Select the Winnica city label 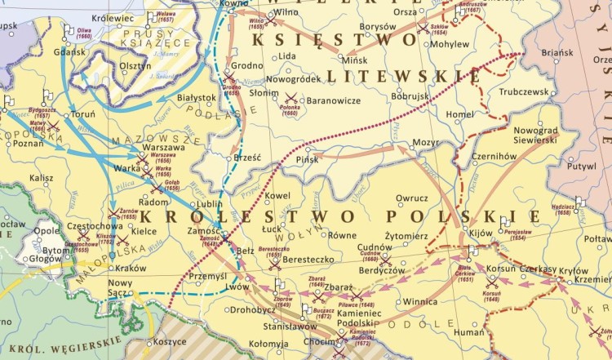click(x=420, y=300)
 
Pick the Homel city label click(x=460, y=114)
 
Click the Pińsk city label click(x=308, y=159)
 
